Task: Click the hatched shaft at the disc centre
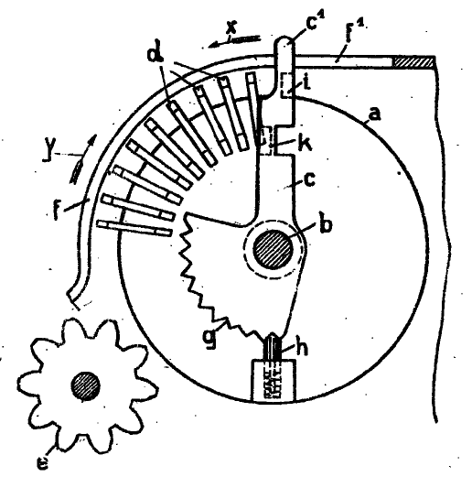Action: (274, 249)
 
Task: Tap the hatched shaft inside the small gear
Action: (86, 385)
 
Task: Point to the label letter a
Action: (375, 114)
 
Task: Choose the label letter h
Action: (302, 347)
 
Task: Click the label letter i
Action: (306, 82)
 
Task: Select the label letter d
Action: (156, 54)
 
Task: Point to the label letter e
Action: (42, 464)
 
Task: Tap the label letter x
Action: (231, 28)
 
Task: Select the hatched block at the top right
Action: (413, 62)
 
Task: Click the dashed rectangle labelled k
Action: (265, 141)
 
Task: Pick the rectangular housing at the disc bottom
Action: (274, 380)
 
